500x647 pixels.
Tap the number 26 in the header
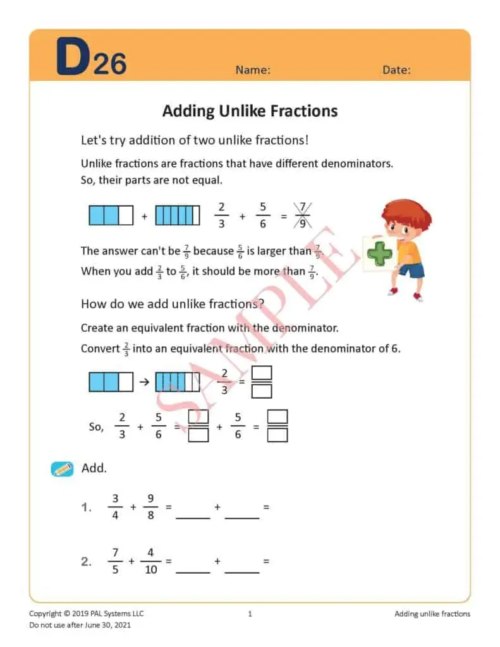(x=110, y=63)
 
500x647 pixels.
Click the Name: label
(x=253, y=70)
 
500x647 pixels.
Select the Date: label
(x=396, y=70)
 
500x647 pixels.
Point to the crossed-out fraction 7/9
(x=303, y=215)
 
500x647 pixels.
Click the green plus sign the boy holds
(x=380, y=255)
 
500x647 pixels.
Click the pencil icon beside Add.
(x=62, y=469)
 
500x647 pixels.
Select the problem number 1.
(x=86, y=507)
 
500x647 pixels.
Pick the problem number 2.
(x=86, y=562)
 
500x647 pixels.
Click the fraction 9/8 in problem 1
(x=150, y=507)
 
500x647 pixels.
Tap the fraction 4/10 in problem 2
(x=150, y=561)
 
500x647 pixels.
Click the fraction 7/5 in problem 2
(x=115, y=561)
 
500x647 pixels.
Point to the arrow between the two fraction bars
(x=144, y=382)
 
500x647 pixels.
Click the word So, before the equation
(x=96, y=427)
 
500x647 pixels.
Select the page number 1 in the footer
(x=250, y=614)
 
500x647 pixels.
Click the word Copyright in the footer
(x=46, y=614)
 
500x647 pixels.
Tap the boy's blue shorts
(x=412, y=270)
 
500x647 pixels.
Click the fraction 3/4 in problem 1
(x=115, y=507)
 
